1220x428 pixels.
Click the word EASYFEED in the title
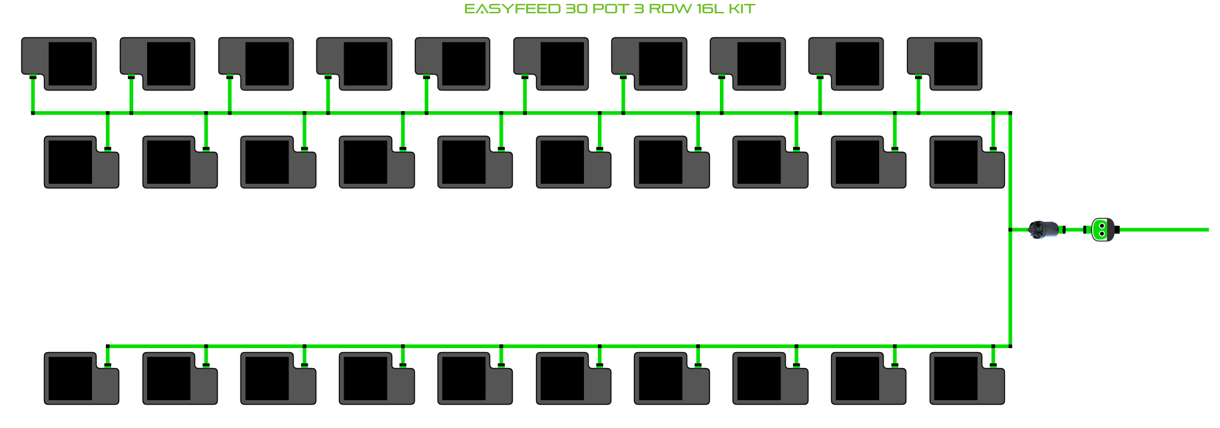pos(512,9)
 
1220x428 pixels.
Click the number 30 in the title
pos(577,9)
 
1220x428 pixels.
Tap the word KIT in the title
pos(741,9)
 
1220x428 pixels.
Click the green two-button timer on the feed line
pos(1102,230)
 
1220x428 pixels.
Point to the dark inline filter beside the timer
pos(1044,230)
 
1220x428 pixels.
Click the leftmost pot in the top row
pos(59,64)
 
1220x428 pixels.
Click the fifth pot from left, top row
pos(453,64)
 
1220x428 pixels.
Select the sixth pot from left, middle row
pos(573,162)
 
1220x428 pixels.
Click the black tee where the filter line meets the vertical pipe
pos(1010,230)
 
